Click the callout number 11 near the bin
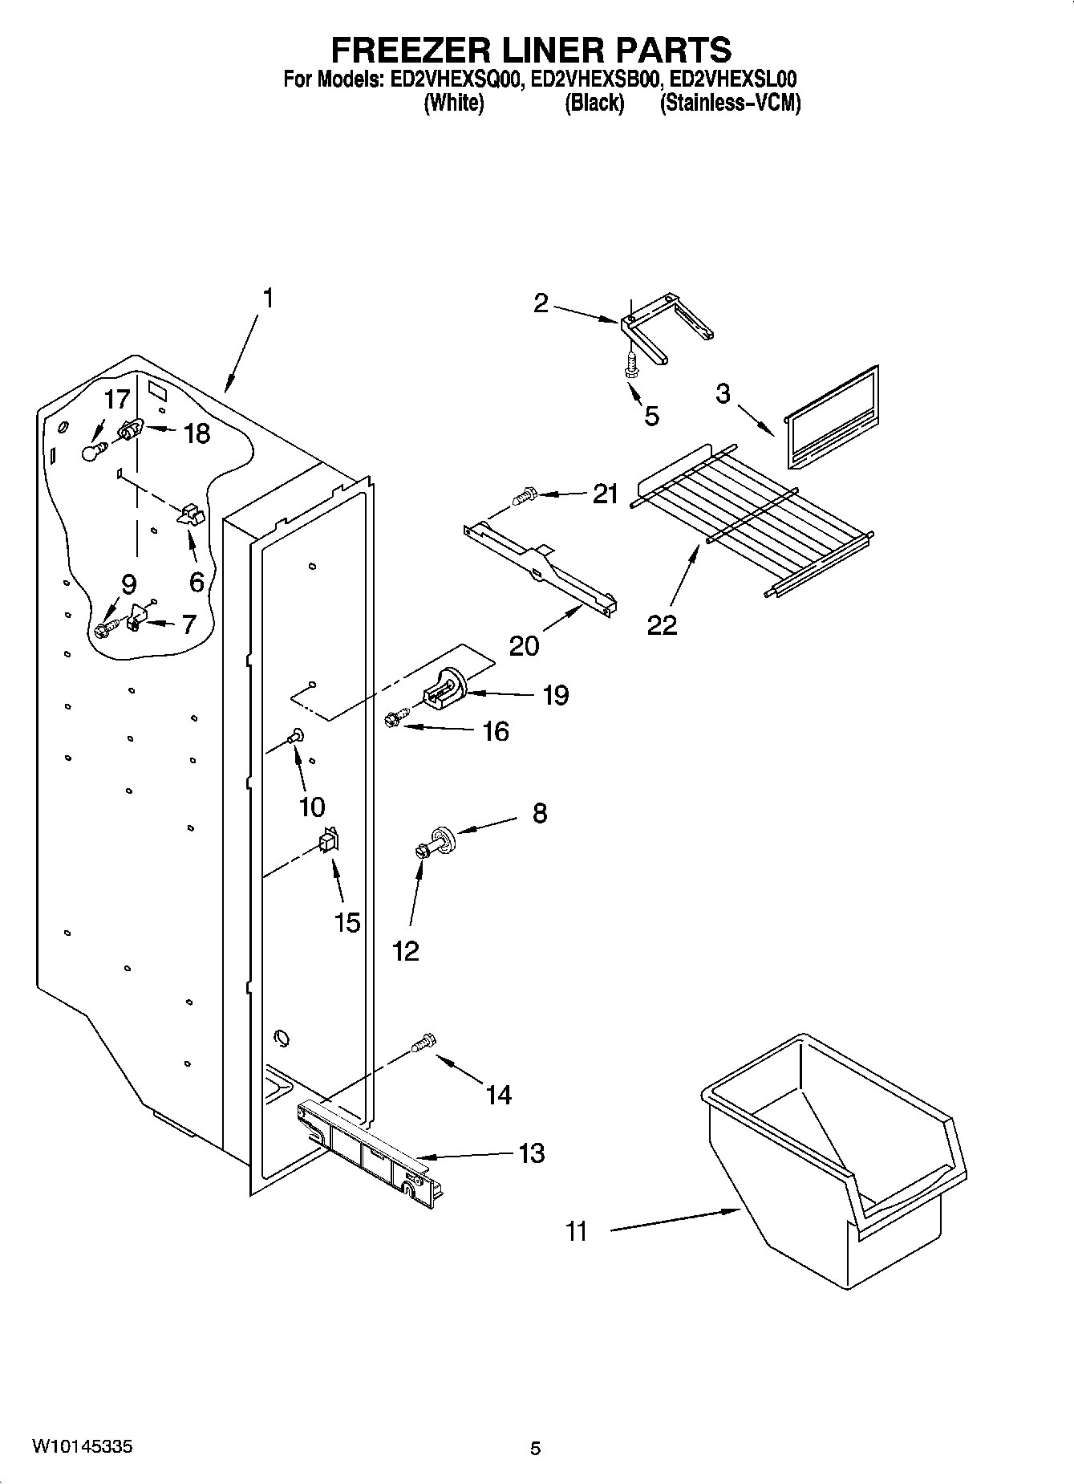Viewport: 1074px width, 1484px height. (x=577, y=1230)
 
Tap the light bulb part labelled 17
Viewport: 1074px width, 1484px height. (x=95, y=451)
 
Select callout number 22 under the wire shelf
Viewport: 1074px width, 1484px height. (x=663, y=624)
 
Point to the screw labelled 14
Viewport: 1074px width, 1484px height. (x=423, y=1043)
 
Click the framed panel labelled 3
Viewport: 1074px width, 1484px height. (x=830, y=419)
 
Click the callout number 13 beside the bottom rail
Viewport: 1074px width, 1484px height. (x=532, y=1153)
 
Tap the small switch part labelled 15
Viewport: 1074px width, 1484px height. (x=329, y=840)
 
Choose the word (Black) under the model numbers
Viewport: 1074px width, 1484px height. (x=594, y=104)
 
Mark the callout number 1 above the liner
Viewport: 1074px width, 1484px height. (x=268, y=299)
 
